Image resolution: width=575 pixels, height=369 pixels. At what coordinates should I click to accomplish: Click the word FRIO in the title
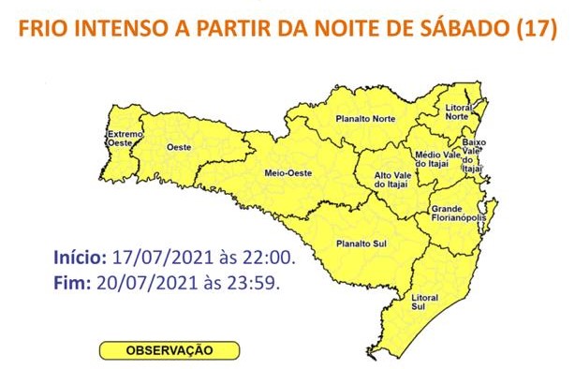47,28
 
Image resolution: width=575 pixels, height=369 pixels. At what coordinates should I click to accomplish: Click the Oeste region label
179,148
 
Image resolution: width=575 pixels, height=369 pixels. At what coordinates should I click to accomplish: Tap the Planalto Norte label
365,119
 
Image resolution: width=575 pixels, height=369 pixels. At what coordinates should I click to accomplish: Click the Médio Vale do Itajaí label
428,161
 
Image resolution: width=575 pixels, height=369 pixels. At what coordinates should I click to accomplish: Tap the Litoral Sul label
425,302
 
